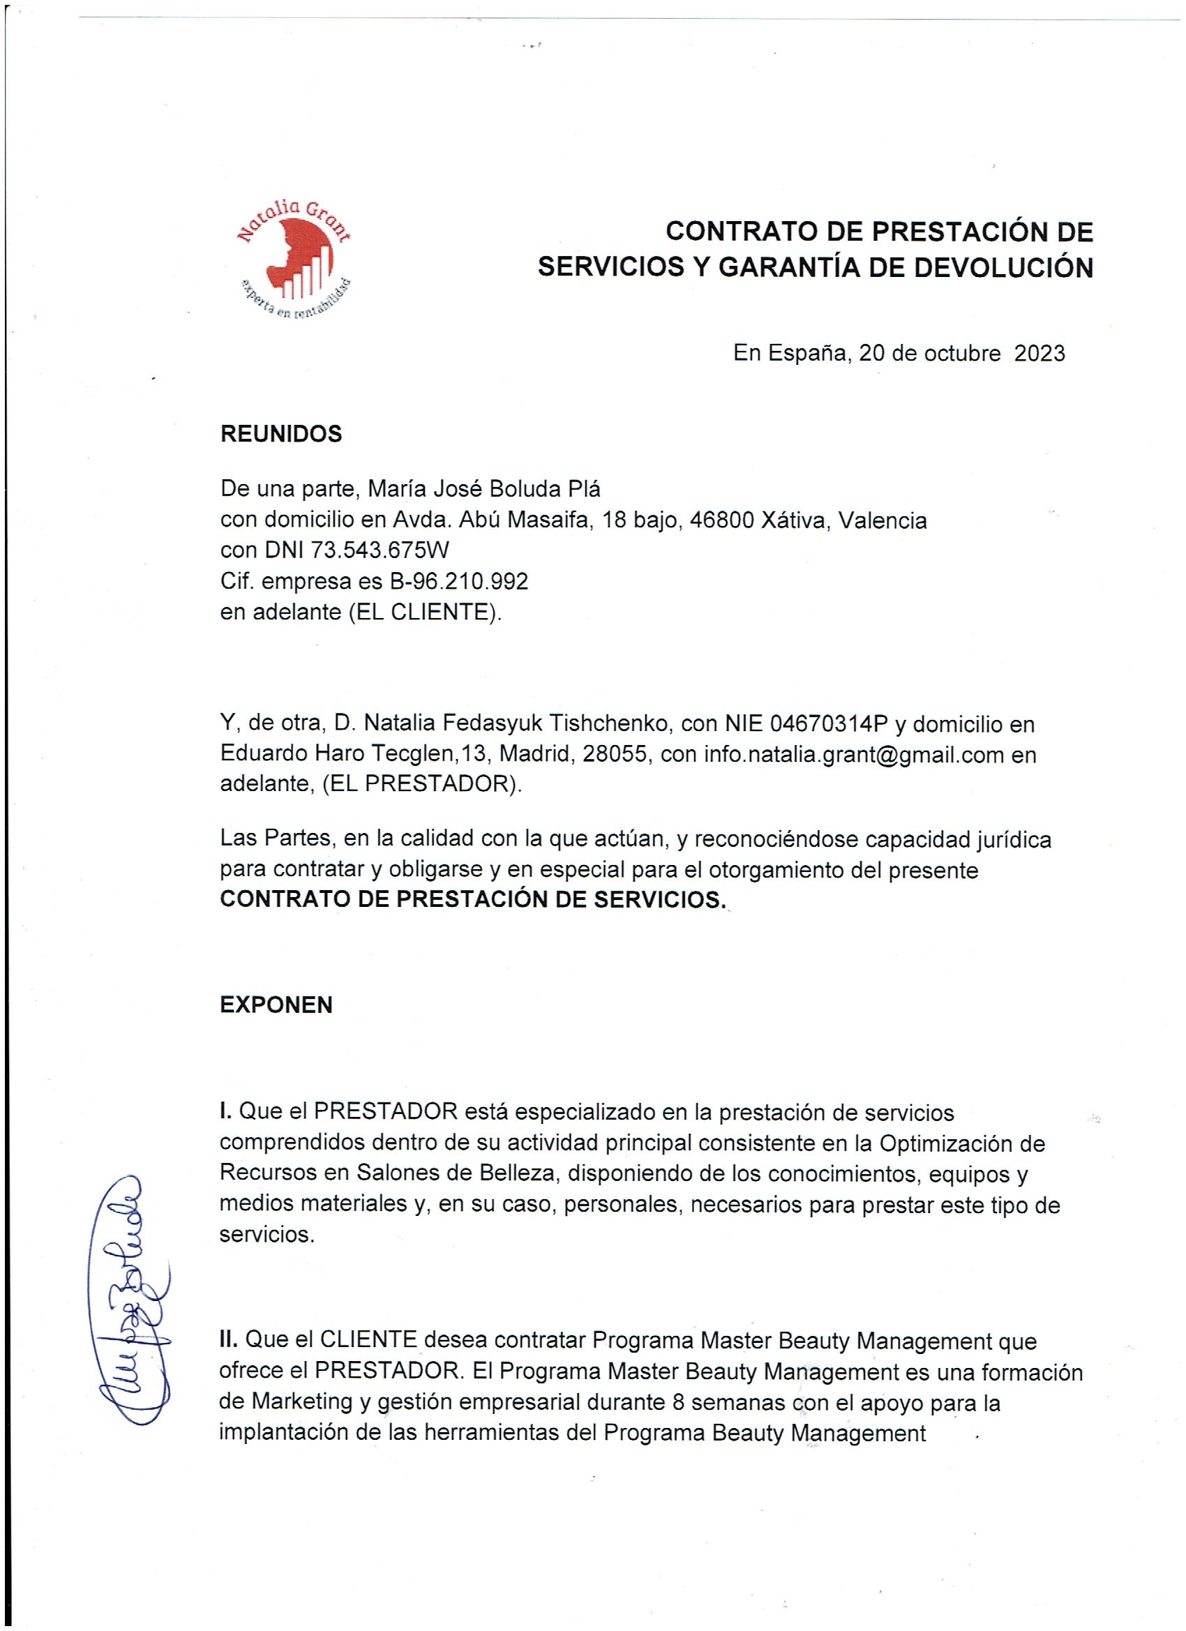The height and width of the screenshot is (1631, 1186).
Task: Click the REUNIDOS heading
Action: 280,435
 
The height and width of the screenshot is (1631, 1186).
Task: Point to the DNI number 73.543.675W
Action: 380,550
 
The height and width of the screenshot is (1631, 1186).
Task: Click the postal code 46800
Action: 721,520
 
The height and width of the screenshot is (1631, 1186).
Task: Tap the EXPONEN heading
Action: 276,1005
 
